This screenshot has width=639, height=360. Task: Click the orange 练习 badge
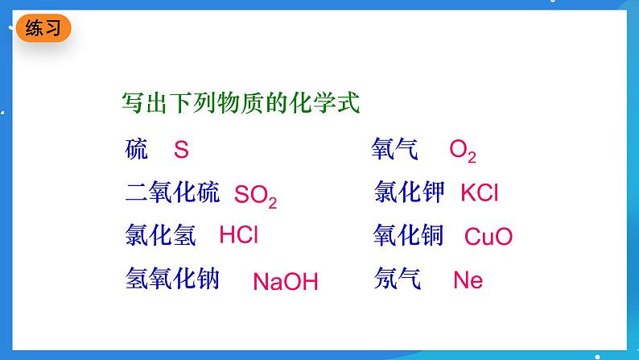pos(43,29)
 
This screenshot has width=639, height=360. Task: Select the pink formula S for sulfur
pos(181,150)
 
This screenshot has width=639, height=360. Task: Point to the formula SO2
pos(255,196)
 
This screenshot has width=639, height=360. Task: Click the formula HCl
pos(239,235)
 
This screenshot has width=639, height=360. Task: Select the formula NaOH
pos(286,282)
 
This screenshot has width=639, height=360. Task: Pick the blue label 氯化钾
pos(409,192)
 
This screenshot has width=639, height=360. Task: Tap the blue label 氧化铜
pos(409,235)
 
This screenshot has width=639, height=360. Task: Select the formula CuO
pos(489,237)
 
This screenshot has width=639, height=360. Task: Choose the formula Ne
pos(468,280)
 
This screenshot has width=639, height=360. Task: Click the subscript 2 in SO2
pos(272,204)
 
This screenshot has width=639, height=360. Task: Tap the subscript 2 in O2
pos(472,158)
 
